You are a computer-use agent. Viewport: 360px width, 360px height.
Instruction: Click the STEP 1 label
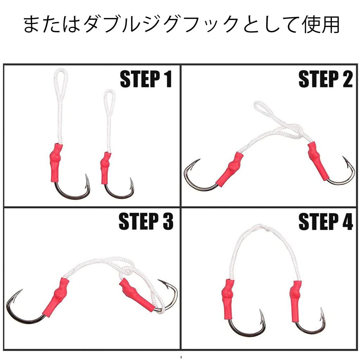(146, 79)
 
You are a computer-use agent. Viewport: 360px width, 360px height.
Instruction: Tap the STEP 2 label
(325, 79)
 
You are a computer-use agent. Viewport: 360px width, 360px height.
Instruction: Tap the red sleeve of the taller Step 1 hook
(57, 161)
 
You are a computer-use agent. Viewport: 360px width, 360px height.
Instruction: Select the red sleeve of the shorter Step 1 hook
(105, 167)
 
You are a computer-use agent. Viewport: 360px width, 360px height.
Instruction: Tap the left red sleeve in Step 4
(227, 298)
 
